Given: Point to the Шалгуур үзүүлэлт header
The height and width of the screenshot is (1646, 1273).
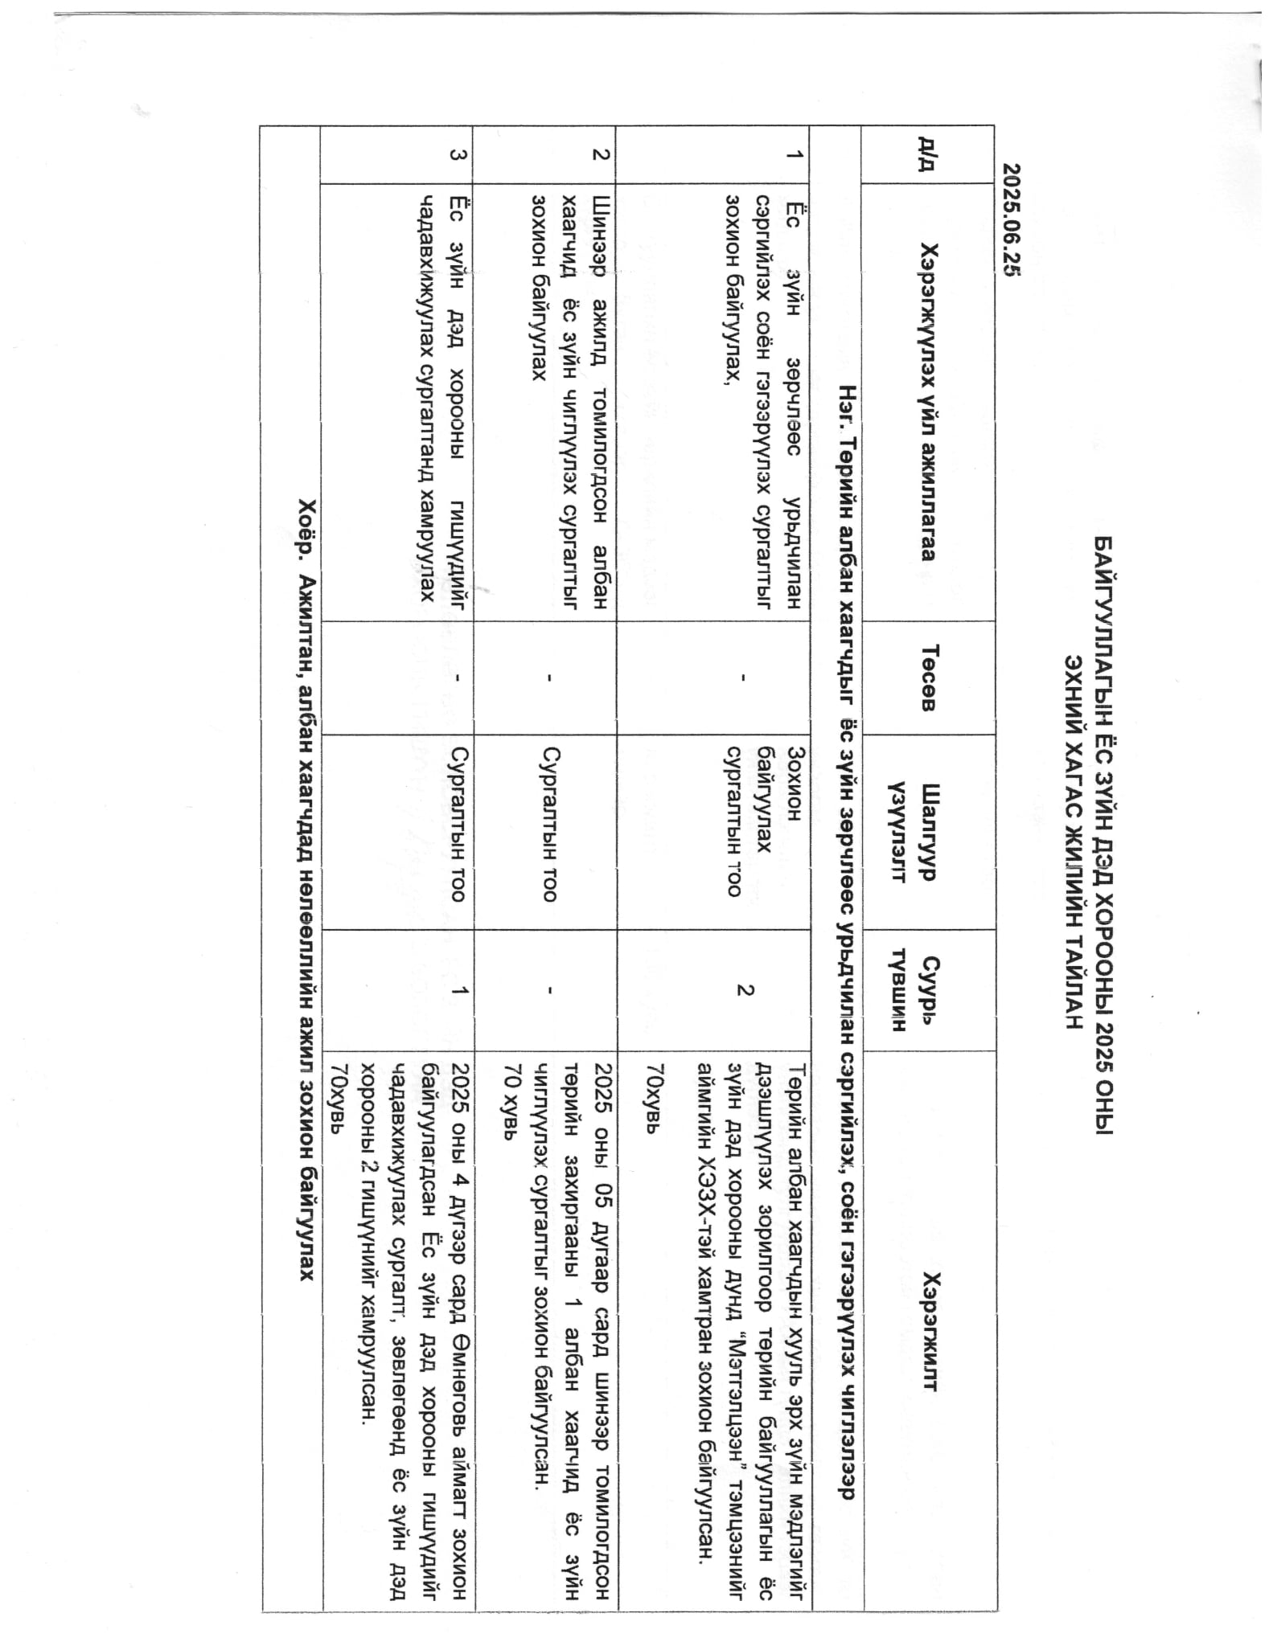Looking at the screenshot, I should click(x=917, y=832).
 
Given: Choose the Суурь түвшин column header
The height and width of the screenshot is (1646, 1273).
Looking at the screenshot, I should click(x=917, y=990).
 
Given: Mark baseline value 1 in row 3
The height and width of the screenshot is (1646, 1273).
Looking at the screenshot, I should click(x=458, y=990).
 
